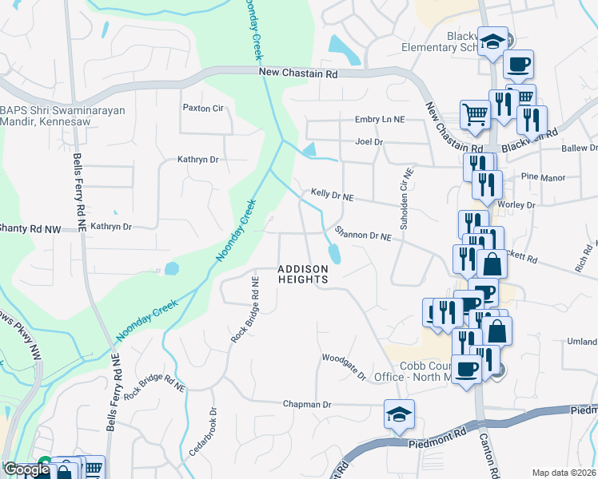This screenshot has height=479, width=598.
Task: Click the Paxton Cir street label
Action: click(x=202, y=108)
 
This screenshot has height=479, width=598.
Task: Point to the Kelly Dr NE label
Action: click(x=332, y=194)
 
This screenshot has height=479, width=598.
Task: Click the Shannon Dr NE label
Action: click(x=363, y=236)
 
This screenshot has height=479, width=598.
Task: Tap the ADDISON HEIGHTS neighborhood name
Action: click(x=303, y=275)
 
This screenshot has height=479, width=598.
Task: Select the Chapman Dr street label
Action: click(x=306, y=405)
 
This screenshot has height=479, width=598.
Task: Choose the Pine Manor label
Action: click(x=543, y=177)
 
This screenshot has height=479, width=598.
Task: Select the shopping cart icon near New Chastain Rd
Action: click(x=475, y=113)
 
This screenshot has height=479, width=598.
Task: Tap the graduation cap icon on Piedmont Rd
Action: click(x=399, y=414)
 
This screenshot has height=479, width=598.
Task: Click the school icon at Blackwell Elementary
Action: click(x=493, y=41)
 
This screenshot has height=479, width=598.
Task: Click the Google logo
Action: click(x=26, y=469)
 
